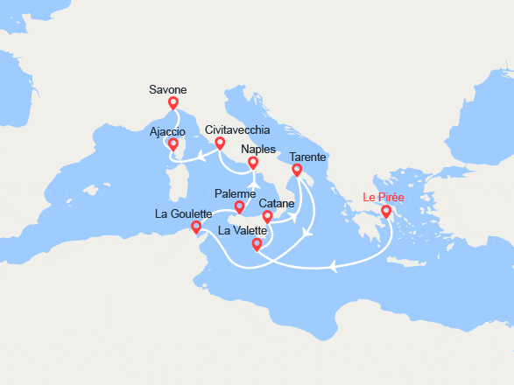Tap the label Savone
pos(168,88)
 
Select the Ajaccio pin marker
pos(173,144)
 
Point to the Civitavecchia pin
pos(220,143)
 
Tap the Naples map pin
pos(253,163)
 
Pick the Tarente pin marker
pos(297,171)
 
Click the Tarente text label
pos(307,157)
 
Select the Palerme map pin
pos(239,208)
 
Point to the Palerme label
pos(235,193)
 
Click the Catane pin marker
pos(268,216)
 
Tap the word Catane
pos(276,202)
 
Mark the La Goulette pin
pos(196,227)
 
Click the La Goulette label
pos(183,213)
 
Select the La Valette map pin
pos(257,246)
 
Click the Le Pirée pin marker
pos(386,212)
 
